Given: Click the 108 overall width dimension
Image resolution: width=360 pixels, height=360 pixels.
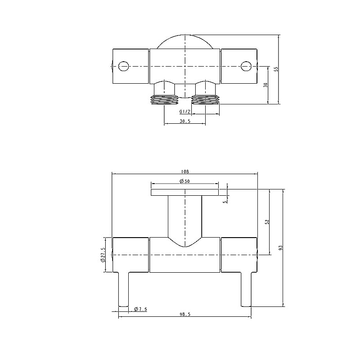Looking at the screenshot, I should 184,171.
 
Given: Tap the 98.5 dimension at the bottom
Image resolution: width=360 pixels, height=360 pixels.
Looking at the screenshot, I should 184,315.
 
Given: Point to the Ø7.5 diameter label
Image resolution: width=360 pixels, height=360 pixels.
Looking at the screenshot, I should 140,309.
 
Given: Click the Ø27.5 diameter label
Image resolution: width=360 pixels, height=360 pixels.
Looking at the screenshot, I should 103,255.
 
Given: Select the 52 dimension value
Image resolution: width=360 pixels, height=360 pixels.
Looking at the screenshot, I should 267,222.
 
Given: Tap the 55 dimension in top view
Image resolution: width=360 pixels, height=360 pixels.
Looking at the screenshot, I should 276,69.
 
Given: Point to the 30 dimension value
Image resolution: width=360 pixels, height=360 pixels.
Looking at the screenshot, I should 266,85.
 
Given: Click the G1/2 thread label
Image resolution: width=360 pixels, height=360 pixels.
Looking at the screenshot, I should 184,112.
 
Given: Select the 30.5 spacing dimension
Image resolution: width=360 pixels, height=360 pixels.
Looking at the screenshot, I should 184,121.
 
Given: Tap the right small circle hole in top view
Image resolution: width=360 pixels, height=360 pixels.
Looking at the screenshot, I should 245,66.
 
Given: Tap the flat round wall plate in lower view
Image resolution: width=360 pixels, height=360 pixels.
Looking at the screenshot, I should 184,193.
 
